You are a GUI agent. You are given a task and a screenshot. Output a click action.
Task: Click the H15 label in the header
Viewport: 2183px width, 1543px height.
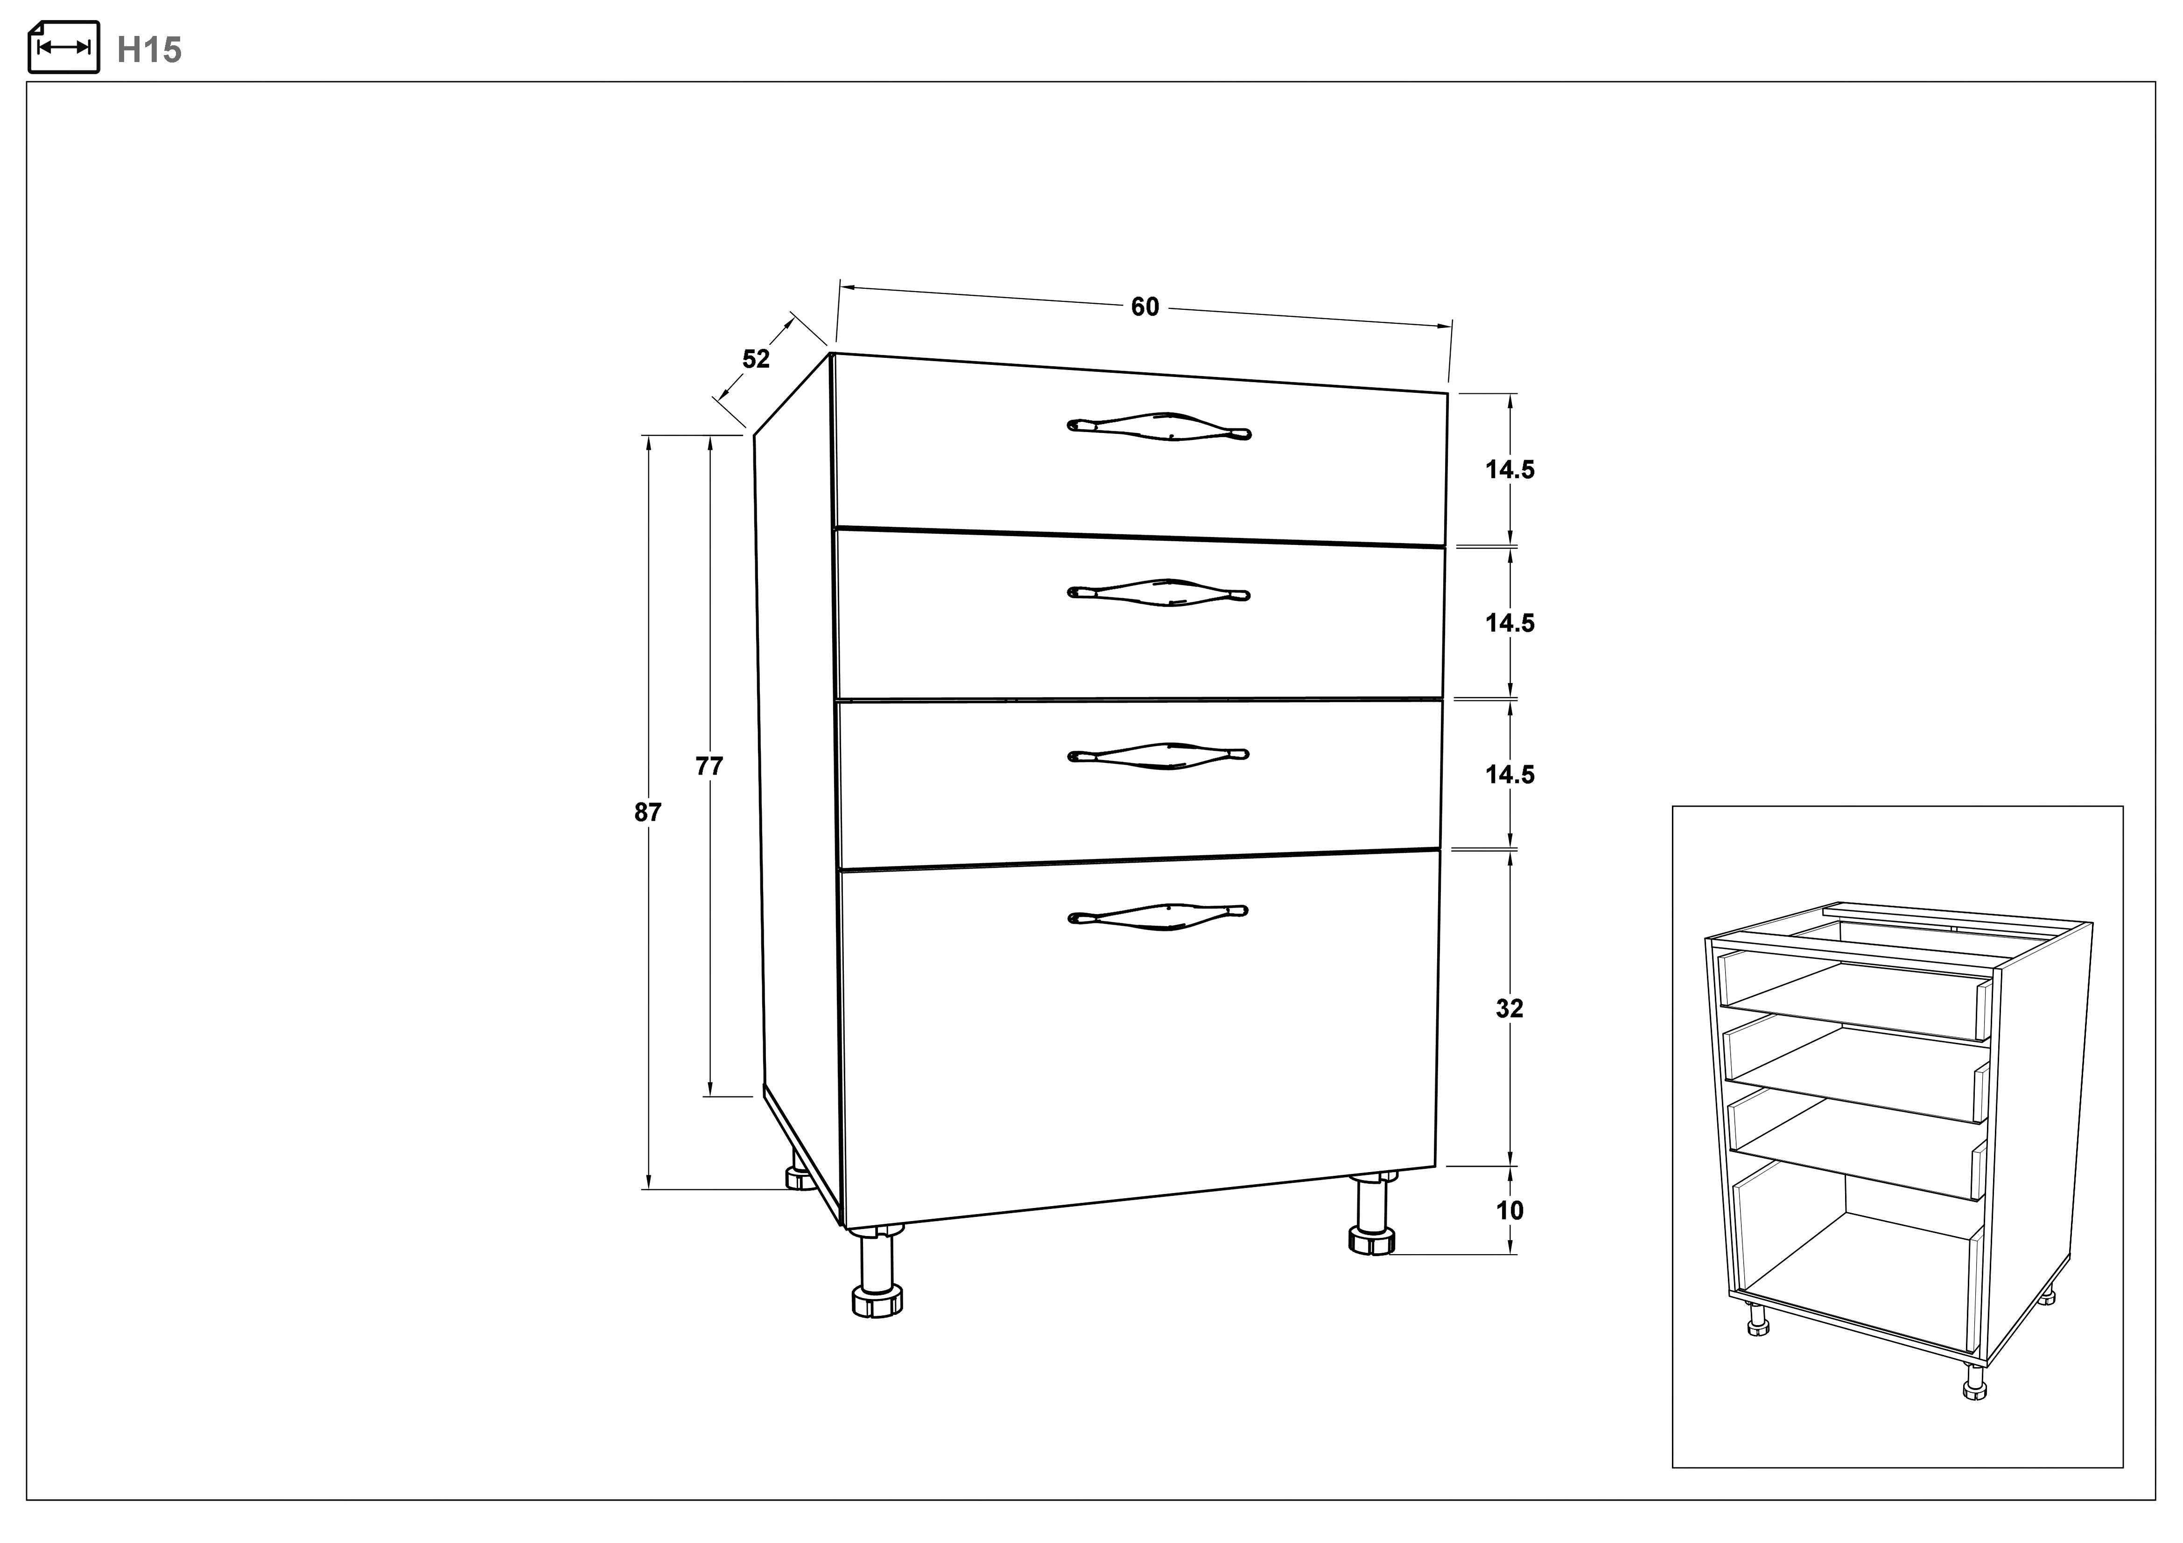149,49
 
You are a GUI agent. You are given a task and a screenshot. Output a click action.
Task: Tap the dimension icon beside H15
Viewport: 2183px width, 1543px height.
63,47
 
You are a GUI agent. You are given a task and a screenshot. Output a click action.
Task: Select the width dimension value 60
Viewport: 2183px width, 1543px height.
1145,307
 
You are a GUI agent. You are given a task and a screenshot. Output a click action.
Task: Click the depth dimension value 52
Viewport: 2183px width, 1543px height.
756,359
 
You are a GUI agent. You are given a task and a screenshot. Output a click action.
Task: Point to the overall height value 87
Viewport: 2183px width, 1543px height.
647,812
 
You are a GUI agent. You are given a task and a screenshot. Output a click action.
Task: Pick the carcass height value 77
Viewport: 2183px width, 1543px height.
709,765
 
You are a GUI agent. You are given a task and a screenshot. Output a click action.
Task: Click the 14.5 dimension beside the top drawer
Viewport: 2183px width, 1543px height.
1510,470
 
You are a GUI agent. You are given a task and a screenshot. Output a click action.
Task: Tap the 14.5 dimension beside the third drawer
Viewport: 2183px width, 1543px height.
1510,775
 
